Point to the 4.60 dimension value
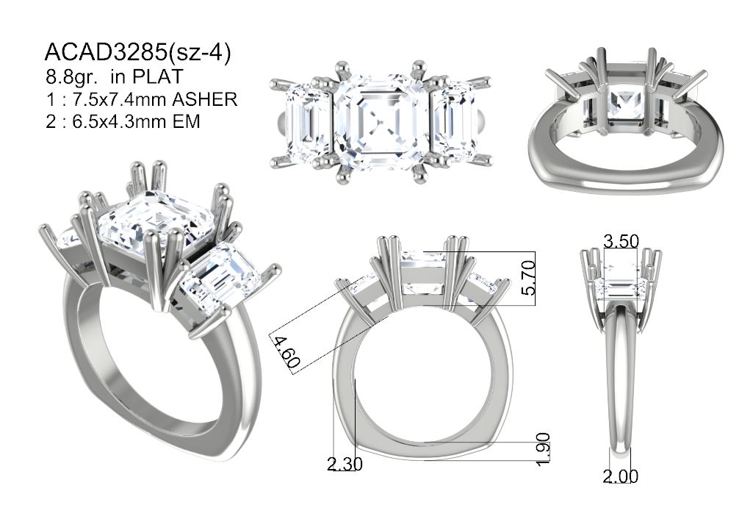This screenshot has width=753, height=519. click(x=286, y=351)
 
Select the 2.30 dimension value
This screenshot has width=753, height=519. click(x=345, y=464)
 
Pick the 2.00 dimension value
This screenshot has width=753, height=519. click(x=621, y=476)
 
